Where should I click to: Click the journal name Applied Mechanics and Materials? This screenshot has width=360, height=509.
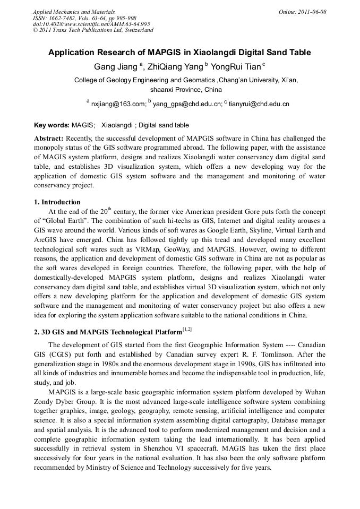click(x=73, y=12)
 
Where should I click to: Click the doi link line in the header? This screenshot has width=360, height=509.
click(x=91, y=24)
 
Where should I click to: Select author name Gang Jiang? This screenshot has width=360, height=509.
click(x=116, y=67)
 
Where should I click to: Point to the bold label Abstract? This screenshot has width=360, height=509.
click(x=48, y=138)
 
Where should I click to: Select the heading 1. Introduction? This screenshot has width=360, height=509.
click(x=57, y=202)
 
